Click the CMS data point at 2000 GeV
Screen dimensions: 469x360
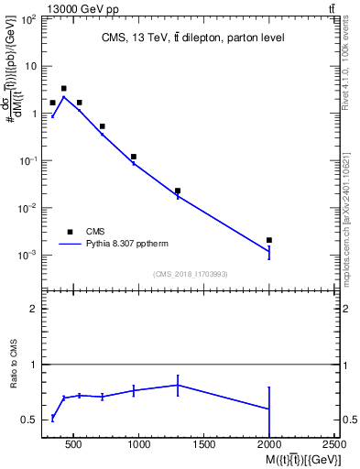[x=268, y=240]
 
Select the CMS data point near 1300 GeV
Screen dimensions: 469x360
[x=178, y=191]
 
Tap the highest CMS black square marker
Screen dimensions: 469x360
[x=63, y=89]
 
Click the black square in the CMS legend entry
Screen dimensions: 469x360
[x=70, y=232]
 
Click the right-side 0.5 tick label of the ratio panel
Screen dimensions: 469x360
[x=350, y=420]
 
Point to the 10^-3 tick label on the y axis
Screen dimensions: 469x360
[x=28, y=255]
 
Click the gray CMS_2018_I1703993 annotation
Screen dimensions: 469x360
[x=191, y=273]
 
